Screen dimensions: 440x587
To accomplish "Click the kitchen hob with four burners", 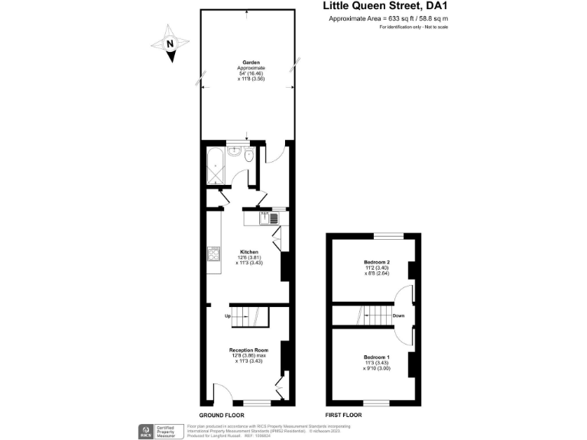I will pos(212,255).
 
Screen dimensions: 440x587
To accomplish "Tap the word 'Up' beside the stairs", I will pos(227,315).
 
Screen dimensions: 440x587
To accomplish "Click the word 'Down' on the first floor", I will pos(398,315).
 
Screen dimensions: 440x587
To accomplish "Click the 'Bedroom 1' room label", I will pos(377,357).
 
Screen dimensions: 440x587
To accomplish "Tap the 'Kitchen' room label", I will pos(249,252).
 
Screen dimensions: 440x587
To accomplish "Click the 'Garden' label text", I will pos(249,63).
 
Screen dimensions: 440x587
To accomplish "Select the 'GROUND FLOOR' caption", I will pos(222,414).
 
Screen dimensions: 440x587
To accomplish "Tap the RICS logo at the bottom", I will pos(144,430).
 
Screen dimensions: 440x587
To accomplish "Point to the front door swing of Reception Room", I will pos(222,394).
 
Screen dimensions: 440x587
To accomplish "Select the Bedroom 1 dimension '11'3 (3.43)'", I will pos(377,363).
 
